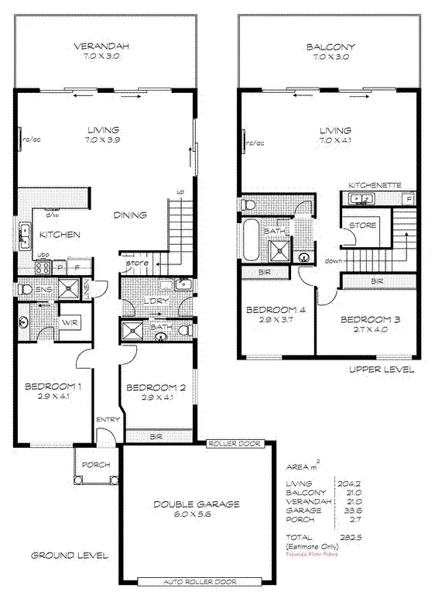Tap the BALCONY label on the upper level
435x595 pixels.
(x=329, y=46)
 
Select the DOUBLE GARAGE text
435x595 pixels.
(x=196, y=504)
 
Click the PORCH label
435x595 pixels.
(x=94, y=465)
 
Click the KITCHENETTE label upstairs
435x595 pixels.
(x=375, y=186)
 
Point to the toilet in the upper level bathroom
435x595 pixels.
(x=248, y=205)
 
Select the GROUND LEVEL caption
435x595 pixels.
(x=69, y=555)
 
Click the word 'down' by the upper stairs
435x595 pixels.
(x=334, y=261)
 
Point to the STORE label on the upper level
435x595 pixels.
(x=365, y=225)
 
